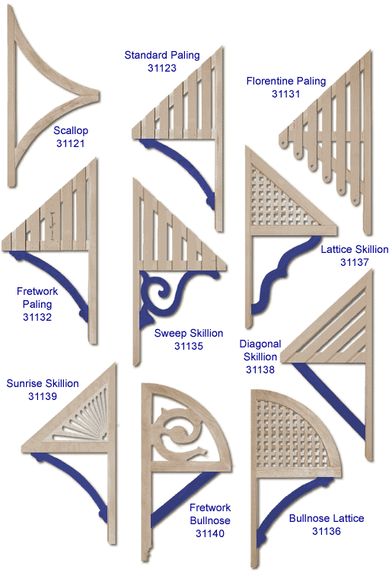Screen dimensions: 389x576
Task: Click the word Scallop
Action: click(71, 131)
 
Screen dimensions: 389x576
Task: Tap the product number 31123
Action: click(162, 68)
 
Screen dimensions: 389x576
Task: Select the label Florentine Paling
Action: click(286, 82)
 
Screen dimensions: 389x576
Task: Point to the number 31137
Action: click(354, 262)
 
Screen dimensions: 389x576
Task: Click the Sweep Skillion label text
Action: click(189, 334)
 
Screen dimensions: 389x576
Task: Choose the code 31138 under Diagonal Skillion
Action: click(260, 370)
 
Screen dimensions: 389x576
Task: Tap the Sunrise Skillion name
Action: click(43, 383)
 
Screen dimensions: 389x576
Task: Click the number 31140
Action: click(210, 533)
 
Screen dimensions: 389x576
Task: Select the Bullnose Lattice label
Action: click(327, 518)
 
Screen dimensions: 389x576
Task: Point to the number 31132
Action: click(37, 317)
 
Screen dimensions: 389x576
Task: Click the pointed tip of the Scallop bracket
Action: click(99, 96)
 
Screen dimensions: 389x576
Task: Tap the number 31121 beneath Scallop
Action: click(71, 143)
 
